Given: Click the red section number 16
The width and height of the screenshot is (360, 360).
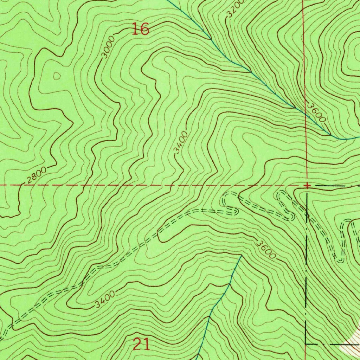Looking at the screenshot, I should coord(141,29).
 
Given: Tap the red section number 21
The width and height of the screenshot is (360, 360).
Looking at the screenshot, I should coord(141,344).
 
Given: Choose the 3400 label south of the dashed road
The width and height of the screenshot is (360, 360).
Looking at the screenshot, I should coord(105,299).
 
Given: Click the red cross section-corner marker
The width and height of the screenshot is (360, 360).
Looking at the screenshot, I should coord(307,185).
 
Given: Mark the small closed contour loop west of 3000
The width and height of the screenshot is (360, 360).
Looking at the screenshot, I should coord(56,75).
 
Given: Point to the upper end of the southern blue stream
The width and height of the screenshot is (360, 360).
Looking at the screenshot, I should coord(242,256).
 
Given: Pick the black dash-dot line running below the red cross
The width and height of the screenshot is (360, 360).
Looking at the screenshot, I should coord(307,264).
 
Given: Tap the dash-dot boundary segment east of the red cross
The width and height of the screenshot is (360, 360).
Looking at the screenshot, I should coord(337,185).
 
